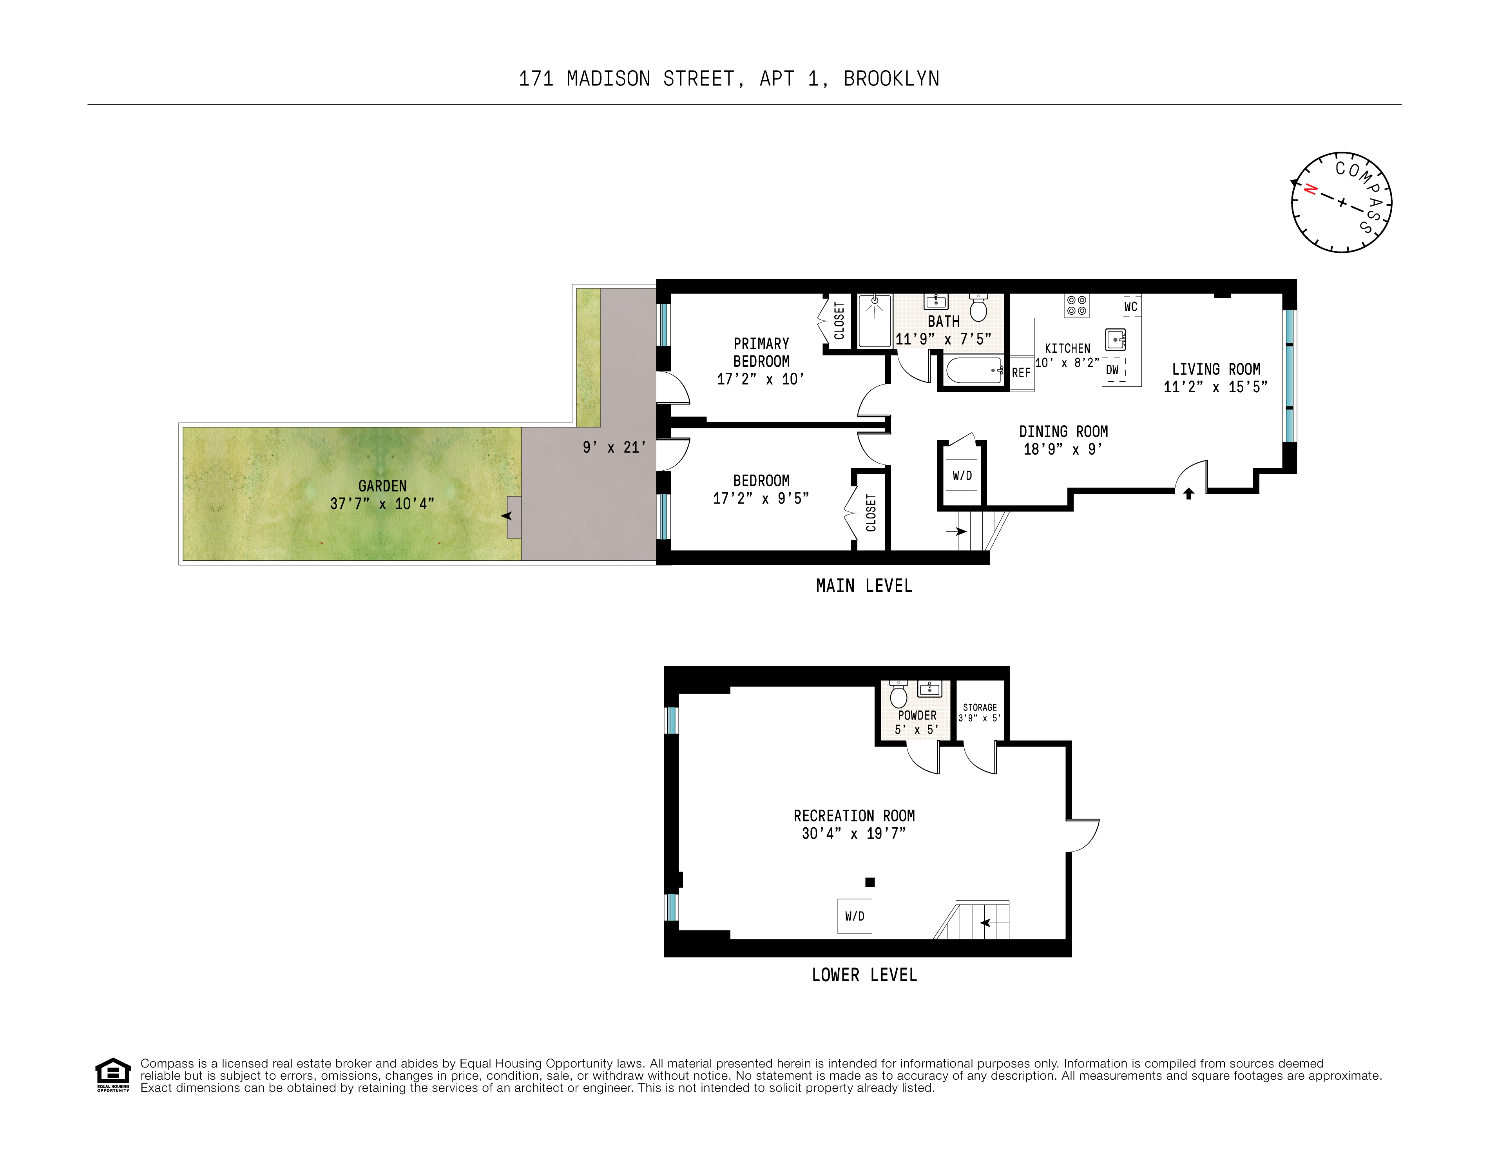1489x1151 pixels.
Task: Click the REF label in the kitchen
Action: tap(1021, 373)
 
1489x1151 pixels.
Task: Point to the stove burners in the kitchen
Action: tap(1076, 305)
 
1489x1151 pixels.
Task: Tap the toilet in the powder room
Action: tap(898, 694)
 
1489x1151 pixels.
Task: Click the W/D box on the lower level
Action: tap(854, 916)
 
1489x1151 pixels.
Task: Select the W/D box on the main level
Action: tap(962, 475)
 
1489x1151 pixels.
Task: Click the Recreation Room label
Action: tap(854, 816)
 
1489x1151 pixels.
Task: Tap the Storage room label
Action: tap(980, 708)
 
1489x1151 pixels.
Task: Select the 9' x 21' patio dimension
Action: tap(614, 447)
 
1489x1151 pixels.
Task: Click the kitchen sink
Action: tap(1116, 339)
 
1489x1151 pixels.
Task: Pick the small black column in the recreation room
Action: tap(870, 882)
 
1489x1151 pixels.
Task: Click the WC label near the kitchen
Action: tap(1130, 307)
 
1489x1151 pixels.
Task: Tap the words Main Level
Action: tap(864, 586)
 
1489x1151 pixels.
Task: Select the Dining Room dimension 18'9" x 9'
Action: tap(1063, 450)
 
